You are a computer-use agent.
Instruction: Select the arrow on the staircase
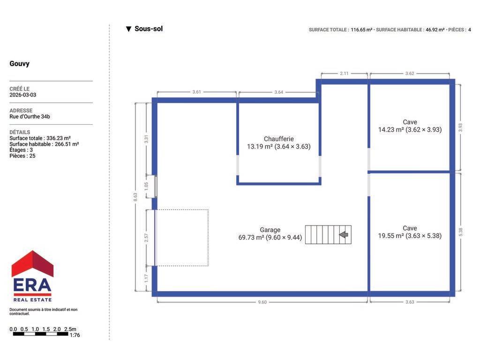click(x=344, y=235)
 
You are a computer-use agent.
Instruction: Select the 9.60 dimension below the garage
click(x=262, y=302)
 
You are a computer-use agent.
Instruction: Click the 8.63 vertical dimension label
click(x=135, y=197)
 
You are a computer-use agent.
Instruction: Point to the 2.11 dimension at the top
click(x=344, y=74)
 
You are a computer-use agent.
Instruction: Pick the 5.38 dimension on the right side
click(x=460, y=232)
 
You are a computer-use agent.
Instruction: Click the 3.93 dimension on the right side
click(x=460, y=127)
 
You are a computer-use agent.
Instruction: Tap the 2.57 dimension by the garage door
click(x=146, y=238)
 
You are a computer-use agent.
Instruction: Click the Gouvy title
click(x=20, y=64)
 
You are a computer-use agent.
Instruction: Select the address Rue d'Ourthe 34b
click(x=30, y=117)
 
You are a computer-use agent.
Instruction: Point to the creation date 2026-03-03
click(x=22, y=95)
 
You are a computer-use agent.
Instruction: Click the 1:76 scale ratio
click(x=75, y=335)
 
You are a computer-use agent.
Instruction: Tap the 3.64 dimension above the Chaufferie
click(x=278, y=92)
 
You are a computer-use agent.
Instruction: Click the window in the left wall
click(x=156, y=187)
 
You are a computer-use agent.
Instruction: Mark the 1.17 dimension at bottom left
click(x=146, y=278)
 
